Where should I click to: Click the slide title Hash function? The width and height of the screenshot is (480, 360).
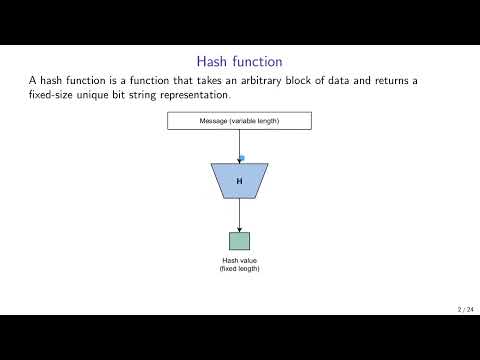click(239, 61)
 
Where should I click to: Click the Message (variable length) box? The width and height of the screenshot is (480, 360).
click(239, 121)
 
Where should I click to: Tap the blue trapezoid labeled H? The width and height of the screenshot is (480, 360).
click(239, 181)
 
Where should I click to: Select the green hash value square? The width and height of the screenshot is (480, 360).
click(239, 241)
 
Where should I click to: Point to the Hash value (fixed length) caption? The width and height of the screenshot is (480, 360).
click(239, 265)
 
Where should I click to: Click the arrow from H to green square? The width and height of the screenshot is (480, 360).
click(239, 215)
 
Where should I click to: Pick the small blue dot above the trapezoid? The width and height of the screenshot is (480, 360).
click(241, 158)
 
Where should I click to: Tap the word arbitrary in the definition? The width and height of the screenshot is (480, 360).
click(284, 80)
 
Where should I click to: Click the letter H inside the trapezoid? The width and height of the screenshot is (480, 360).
click(239, 181)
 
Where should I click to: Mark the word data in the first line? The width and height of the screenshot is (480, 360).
click(377, 80)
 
